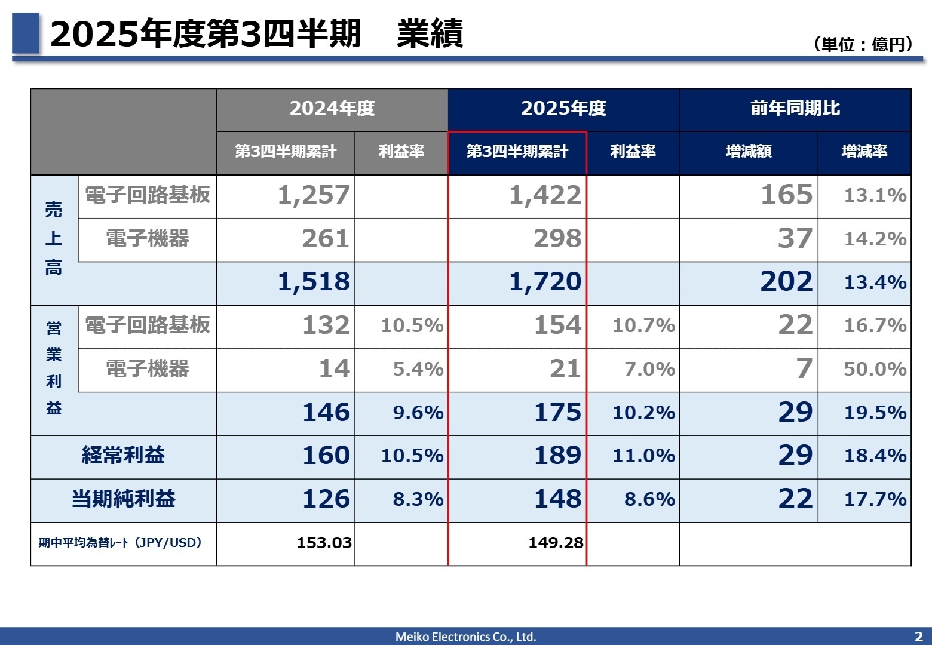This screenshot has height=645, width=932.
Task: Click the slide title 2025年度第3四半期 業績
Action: (x=257, y=33)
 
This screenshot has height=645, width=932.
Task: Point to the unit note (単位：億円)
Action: (x=863, y=44)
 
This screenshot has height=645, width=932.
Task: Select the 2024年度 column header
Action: (x=332, y=108)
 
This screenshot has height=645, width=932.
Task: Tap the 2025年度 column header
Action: (x=563, y=108)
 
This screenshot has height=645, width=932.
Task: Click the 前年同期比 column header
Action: (x=795, y=108)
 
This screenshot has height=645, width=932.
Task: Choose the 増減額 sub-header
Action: (x=748, y=152)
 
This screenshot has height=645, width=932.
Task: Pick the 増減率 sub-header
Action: (x=864, y=152)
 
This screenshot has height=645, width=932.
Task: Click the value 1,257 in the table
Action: (x=314, y=195)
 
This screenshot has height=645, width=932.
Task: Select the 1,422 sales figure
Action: (x=545, y=195)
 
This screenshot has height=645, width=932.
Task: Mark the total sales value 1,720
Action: (x=545, y=282)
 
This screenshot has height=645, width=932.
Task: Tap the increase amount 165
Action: (x=786, y=195)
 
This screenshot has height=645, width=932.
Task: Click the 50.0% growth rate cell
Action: (x=875, y=369)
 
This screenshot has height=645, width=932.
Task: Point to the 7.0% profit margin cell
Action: (x=649, y=369)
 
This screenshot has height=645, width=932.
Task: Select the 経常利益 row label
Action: (x=123, y=455)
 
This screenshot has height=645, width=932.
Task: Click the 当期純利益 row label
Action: (x=123, y=499)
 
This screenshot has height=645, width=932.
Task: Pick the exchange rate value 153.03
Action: (x=324, y=543)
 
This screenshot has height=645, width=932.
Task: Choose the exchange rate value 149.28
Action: (x=556, y=543)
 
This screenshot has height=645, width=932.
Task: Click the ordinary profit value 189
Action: (x=557, y=456)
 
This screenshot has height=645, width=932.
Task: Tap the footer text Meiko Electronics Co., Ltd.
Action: (x=465, y=637)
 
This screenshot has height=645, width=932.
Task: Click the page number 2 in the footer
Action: (x=918, y=637)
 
